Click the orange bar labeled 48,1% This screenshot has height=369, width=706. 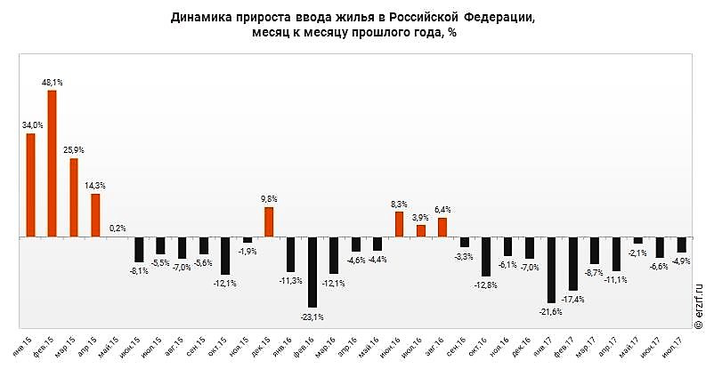(x=52, y=164)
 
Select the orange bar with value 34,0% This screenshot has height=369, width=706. (x=30, y=185)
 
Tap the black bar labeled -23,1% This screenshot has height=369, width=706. (x=312, y=272)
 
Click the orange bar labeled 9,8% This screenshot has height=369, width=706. (x=269, y=222)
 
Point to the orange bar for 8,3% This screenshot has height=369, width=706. (x=399, y=225)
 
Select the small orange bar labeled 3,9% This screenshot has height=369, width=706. (x=421, y=231)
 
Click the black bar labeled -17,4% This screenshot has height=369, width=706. (x=573, y=264)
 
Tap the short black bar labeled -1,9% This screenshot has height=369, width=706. (x=248, y=240)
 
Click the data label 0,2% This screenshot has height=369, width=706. (x=117, y=229)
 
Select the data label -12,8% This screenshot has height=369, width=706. (x=485, y=285)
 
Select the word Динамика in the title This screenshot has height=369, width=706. (x=204, y=17)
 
